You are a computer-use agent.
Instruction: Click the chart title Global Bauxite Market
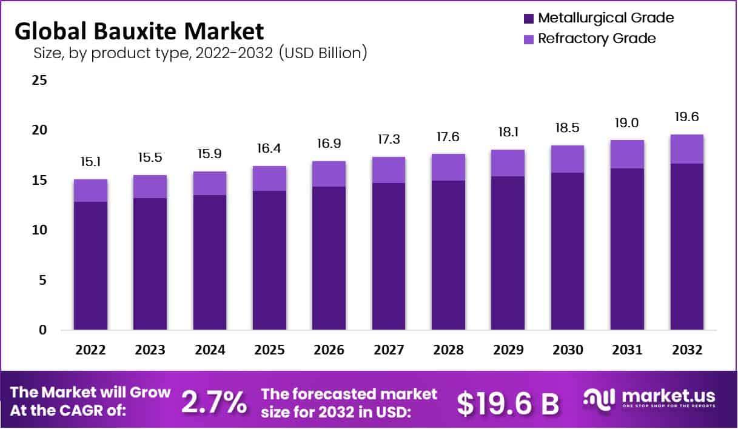139,30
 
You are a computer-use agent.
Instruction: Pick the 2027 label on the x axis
388,350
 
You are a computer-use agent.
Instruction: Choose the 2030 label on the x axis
568,350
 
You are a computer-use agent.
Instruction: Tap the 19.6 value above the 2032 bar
687,117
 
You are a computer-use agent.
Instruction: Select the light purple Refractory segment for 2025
269,178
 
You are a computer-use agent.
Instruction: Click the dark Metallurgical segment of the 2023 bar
150,264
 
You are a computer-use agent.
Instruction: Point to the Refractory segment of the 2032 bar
687,149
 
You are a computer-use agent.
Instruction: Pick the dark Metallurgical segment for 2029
508,253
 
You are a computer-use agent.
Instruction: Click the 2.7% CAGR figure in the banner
214,402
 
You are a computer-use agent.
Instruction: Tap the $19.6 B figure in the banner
508,403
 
